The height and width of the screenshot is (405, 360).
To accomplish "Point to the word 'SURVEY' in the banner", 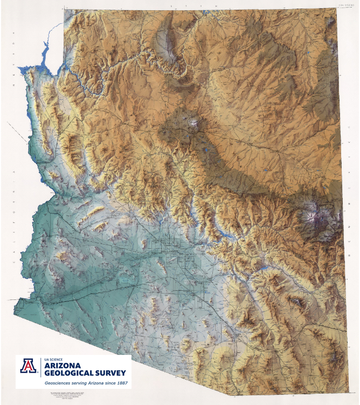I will (110, 374).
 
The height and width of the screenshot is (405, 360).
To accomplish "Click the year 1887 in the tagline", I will (120, 383).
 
